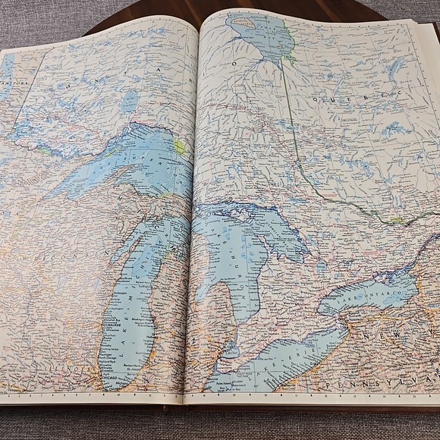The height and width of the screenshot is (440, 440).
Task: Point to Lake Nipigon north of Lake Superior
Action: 130,99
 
